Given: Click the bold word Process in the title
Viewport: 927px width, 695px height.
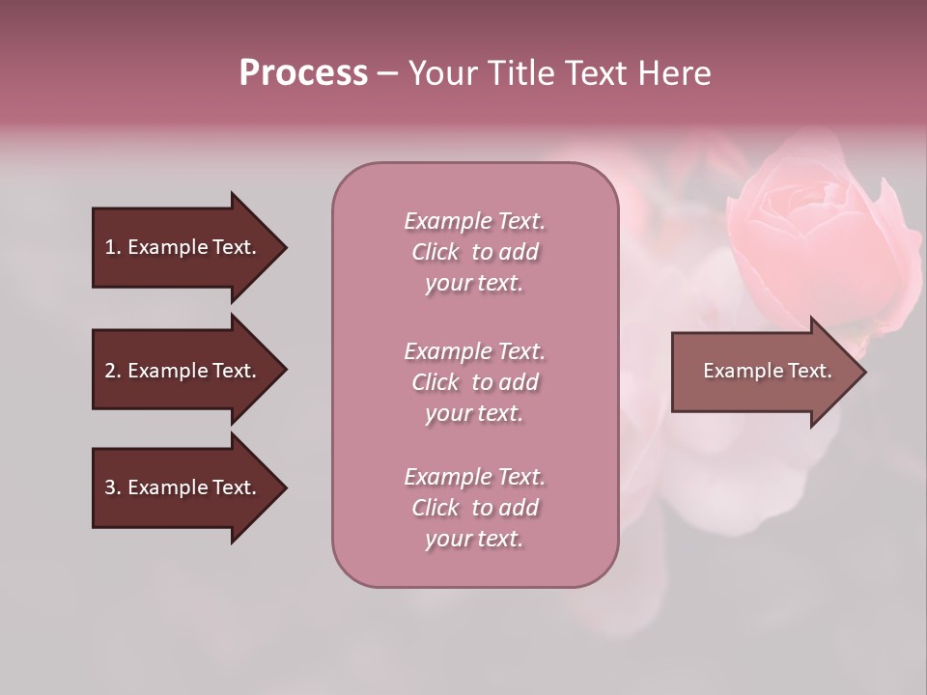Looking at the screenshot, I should point(303,73).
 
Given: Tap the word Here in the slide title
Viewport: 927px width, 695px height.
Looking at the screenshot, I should point(675,73).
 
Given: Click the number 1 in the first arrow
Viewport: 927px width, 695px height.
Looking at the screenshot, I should point(110,247).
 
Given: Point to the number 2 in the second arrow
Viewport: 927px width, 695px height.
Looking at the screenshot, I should point(110,371).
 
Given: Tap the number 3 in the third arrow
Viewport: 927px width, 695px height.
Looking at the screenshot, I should point(110,487).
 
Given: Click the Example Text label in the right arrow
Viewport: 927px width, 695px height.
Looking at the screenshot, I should point(767,371).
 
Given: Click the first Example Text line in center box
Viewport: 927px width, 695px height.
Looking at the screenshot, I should point(474,221).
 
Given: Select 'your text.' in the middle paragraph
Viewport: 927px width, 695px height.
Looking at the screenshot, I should point(474,413).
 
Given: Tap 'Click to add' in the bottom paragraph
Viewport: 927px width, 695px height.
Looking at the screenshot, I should point(474,508).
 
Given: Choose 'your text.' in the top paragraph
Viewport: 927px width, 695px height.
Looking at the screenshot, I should point(474,283).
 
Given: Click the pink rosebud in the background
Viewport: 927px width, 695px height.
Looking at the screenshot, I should point(821,241).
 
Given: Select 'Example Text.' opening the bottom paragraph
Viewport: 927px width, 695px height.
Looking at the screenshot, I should point(474,477).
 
